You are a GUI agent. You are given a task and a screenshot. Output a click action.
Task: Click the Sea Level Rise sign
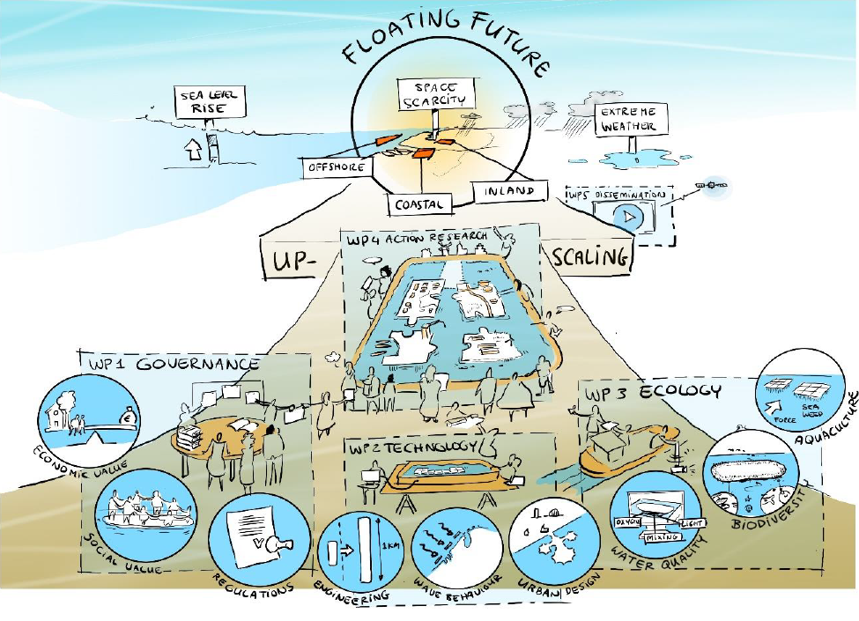coord(211,103)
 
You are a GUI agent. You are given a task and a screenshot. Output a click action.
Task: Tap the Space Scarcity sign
coord(435,95)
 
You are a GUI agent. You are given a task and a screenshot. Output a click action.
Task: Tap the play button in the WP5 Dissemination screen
coord(626,216)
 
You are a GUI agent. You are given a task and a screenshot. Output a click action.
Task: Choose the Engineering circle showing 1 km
coord(357,551)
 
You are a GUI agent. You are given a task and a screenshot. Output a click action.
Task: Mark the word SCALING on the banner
coord(590,256)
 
